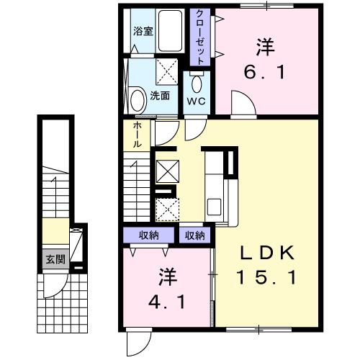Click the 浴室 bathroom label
click(x=143, y=32)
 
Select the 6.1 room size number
click(x=266, y=73)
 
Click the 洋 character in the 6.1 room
click(x=266, y=48)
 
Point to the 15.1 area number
click(x=266, y=276)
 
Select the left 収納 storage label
click(x=149, y=235)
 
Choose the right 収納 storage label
click(x=194, y=235)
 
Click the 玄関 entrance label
click(x=55, y=259)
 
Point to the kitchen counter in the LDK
click(x=217, y=184)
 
